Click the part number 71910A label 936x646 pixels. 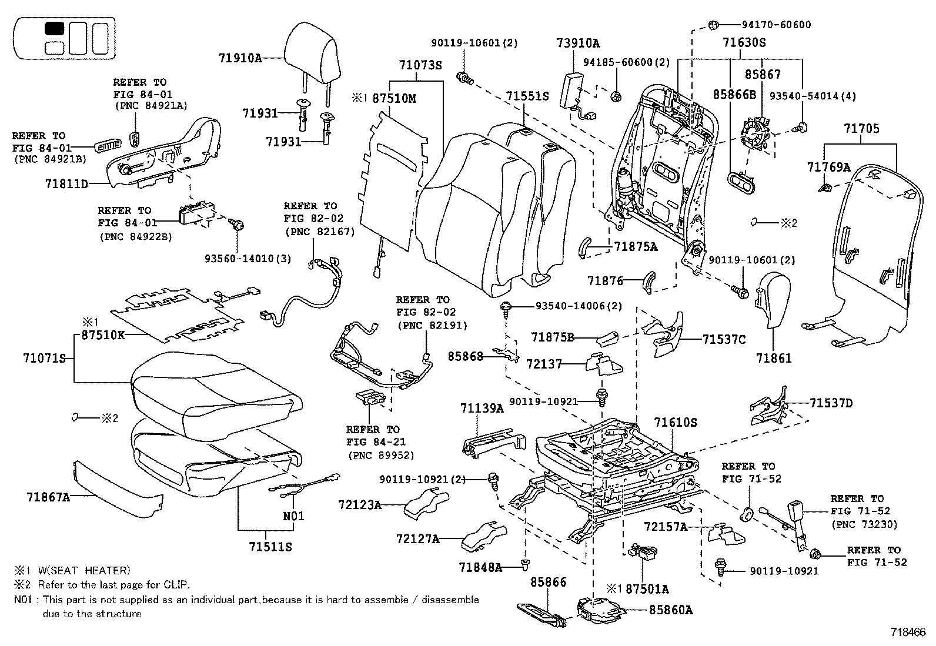(x=239, y=58)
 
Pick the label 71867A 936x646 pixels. (x=48, y=497)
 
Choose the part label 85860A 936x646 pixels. (x=671, y=610)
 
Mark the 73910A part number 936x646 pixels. (x=578, y=43)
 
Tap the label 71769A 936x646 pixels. (x=829, y=168)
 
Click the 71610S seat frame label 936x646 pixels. (x=676, y=423)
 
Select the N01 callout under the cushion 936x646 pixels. (x=294, y=516)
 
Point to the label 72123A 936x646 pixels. (x=359, y=504)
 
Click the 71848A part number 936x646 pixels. (x=480, y=567)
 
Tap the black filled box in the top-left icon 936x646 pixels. (x=55, y=28)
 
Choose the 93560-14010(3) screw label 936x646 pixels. (x=248, y=258)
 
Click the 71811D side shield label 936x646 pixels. (x=66, y=183)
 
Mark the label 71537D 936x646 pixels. (x=831, y=403)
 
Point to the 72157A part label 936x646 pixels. (x=665, y=527)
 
